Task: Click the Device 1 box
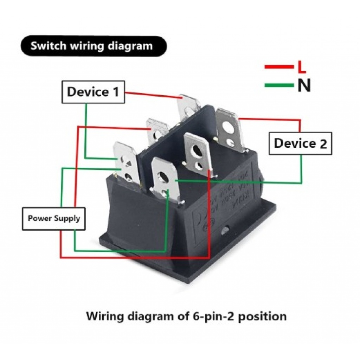click(93, 92)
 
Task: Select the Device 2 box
click(300, 143)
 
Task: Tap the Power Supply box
click(54, 219)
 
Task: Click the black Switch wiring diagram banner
click(93, 46)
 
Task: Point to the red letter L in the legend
click(301, 66)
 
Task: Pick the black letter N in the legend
click(304, 85)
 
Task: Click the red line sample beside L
click(279, 66)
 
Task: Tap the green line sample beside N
click(279, 85)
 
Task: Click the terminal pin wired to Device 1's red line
click(189, 106)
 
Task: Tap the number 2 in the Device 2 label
click(323, 143)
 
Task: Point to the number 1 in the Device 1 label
click(115, 92)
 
